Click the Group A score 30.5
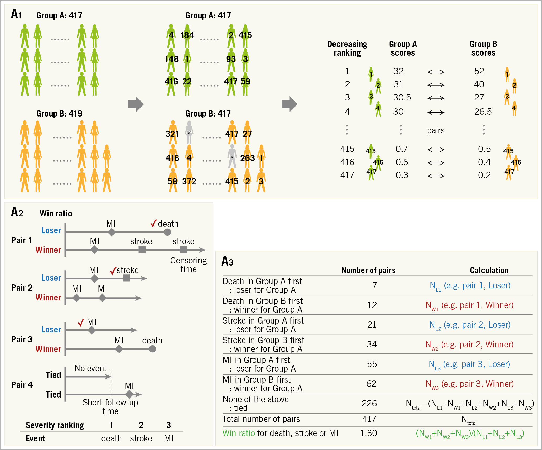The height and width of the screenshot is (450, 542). pos(402,98)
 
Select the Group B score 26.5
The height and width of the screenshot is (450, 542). pos(483,112)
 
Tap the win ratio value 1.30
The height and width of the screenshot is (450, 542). pos(368,433)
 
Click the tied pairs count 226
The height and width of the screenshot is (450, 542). pos(369,403)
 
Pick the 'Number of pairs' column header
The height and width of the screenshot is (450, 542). pos(368,270)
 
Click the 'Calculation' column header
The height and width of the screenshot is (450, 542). pos(489,270)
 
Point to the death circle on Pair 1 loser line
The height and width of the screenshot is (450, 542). pos(167,232)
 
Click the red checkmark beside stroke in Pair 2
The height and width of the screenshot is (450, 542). pos(113,271)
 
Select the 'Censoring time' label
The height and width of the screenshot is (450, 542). pos(188,265)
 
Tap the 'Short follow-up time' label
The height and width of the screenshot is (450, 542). pos(110,406)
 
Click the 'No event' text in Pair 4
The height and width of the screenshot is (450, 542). pos(90,368)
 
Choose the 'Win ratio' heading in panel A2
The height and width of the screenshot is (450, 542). pos(56,214)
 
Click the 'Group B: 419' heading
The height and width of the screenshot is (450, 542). pos(59,114)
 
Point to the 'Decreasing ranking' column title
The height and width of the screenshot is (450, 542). pos(347,48)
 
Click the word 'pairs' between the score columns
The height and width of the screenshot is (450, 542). pos(436,130)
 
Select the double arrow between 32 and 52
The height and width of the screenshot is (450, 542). pos(436,72)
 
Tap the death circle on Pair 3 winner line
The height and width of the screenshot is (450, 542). pos(152,349)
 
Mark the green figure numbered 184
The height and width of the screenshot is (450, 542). pos(187,36)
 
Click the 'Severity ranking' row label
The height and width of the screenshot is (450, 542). pos(55,425)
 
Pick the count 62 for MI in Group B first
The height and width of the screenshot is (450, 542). pos(371,384)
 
